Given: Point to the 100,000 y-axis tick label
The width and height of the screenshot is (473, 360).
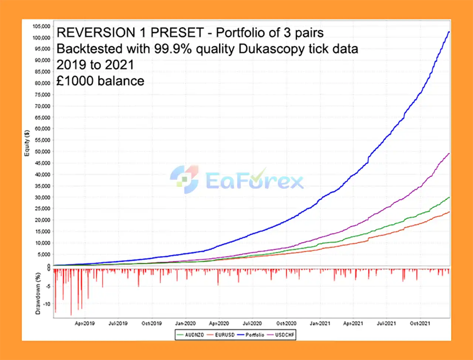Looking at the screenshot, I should pos(41,38).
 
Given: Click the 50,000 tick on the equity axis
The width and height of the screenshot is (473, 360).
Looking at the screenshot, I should pos(42,152).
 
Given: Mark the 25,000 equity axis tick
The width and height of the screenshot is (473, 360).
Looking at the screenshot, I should pos(42,209).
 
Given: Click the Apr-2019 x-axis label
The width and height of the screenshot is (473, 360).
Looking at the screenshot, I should pos(85,323).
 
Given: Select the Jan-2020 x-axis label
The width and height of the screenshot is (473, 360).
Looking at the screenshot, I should pos(185,323).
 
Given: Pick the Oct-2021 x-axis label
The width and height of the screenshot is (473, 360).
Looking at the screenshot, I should pos(420,323).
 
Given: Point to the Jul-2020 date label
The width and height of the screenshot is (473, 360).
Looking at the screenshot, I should pos(252,323).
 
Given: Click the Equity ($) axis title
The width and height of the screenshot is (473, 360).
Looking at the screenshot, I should pos(27,143).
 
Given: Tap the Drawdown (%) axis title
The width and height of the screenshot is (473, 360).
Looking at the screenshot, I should pos(38,294).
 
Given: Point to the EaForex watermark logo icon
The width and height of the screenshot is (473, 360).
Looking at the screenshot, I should pos(184,179).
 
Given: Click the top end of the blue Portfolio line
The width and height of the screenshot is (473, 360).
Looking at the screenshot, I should pos(449,32).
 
